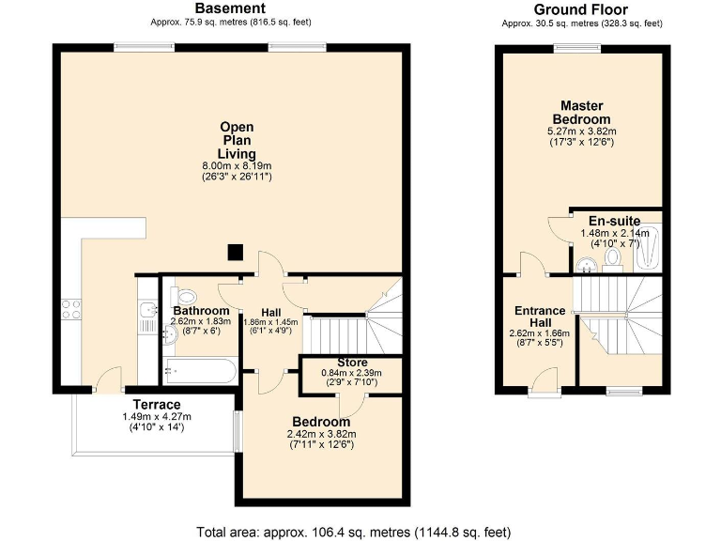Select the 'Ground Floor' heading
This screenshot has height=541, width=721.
[581, 9]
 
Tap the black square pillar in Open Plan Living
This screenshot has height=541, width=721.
[236, 252]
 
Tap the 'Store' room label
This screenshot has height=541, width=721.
[351, 363]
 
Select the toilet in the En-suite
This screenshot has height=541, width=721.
[614, 256]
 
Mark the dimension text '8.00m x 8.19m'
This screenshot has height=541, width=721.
[237, 165]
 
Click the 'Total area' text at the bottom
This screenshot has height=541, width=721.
[353, 532]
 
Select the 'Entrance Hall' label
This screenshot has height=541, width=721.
[540, 317]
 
